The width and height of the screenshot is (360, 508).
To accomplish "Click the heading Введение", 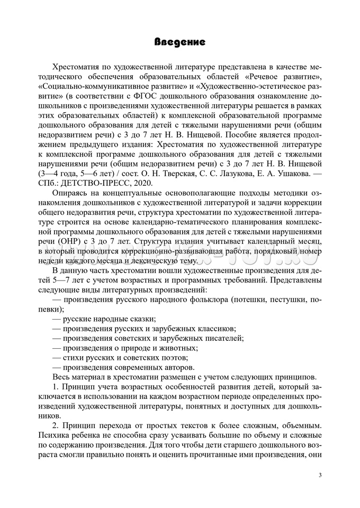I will pos(179,42).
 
